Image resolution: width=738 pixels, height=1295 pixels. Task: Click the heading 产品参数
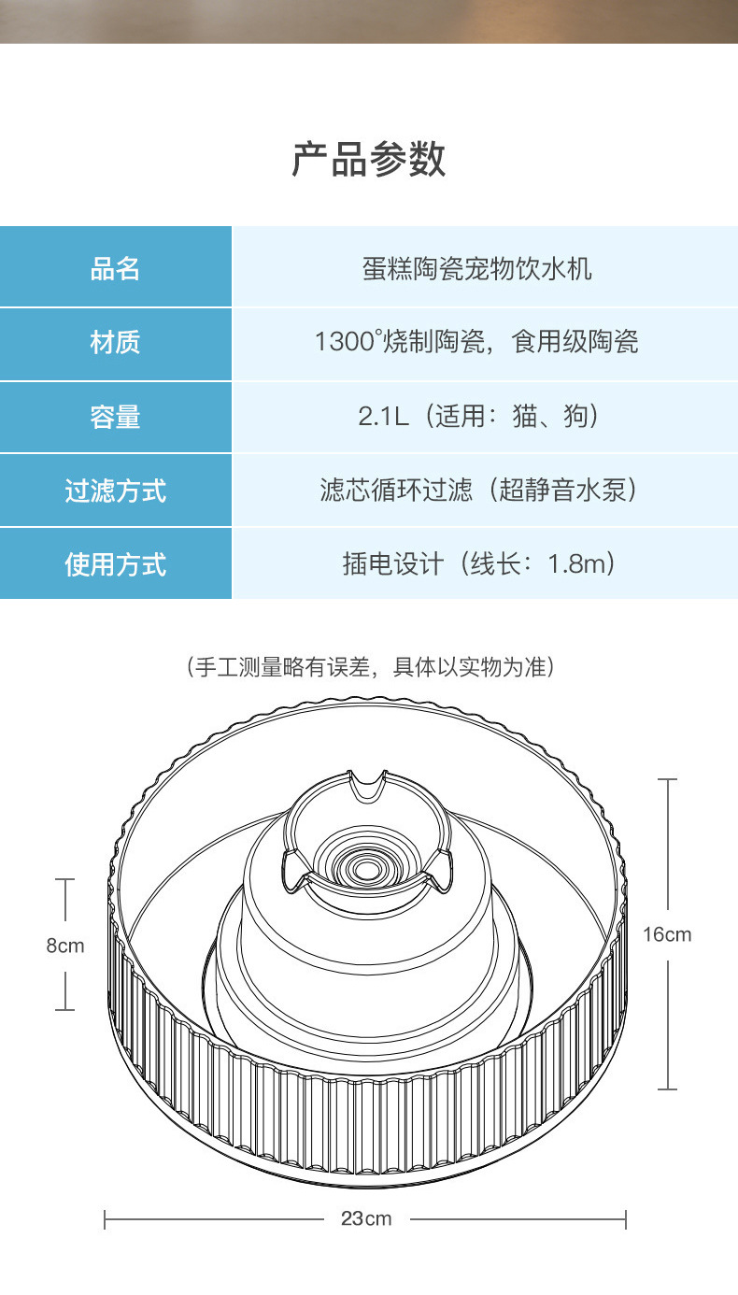point(369,160)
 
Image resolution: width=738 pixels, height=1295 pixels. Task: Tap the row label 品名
point(115,269)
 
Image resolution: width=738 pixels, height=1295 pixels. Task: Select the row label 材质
point(115,343)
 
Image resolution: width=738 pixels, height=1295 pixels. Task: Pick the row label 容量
point(115,417)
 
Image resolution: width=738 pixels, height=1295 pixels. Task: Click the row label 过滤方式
point(115,491)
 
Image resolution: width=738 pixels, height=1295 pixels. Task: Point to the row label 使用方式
point(115,564)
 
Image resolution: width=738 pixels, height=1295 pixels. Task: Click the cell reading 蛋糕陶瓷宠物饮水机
point(476,269)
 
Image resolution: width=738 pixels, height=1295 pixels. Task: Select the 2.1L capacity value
point(383,416)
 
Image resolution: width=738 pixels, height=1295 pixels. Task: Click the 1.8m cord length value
point(579,564)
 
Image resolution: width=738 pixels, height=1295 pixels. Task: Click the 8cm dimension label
point(65,946)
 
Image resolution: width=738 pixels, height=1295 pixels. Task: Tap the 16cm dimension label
point(667,934)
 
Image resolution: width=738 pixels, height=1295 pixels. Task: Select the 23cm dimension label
point(365,1218)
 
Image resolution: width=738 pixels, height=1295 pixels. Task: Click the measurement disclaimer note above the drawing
point(371,667)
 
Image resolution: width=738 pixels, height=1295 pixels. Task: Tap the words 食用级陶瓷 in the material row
point(575,342)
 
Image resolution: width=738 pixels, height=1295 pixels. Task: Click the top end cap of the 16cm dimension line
point(667,779)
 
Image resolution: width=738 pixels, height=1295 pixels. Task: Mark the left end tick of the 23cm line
point(106,1218)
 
